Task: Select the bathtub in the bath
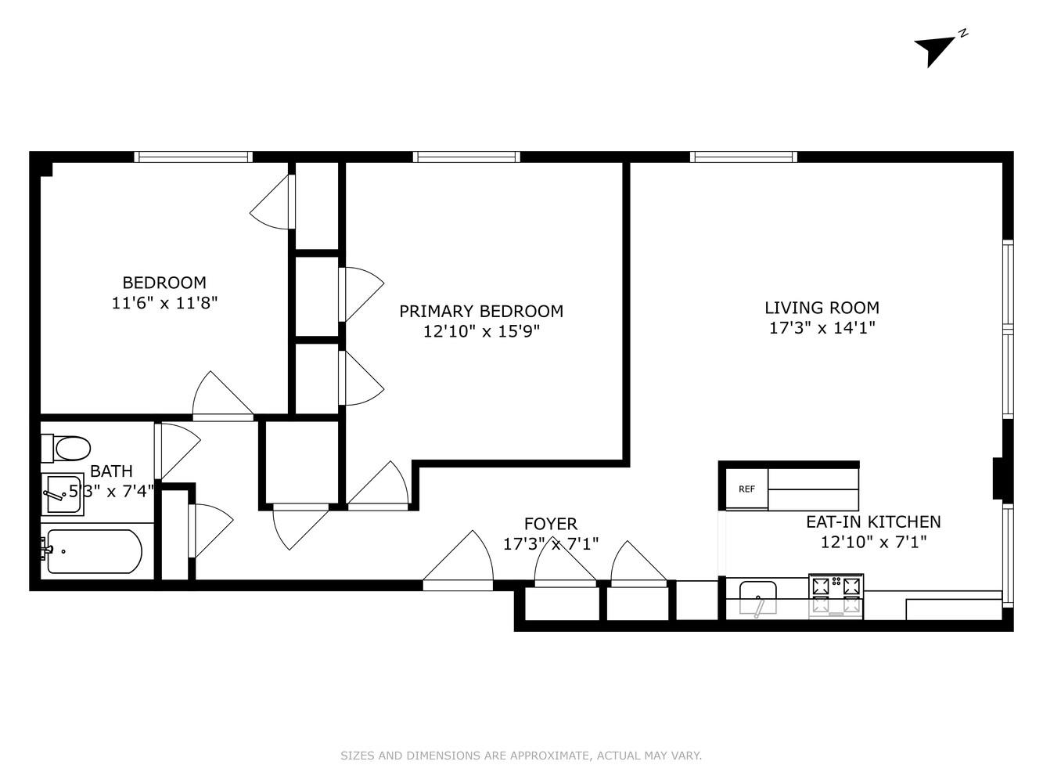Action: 94,551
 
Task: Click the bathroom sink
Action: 63,494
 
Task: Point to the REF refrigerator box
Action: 746,489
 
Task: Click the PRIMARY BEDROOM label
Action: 481,311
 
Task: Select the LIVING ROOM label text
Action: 822,308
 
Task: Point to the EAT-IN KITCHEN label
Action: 873,521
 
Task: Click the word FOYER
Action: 550,524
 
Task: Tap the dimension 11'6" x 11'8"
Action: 164,303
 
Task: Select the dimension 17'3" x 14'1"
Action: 822,328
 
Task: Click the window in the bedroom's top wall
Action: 193,157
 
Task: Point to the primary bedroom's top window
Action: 466,157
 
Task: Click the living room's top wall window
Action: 743,157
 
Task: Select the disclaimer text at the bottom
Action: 521,756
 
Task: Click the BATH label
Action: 111,471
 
